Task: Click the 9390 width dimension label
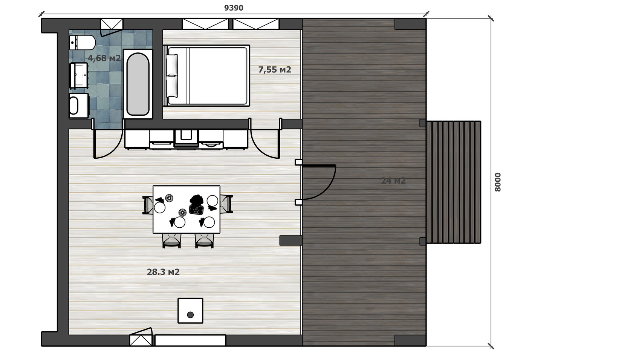234,8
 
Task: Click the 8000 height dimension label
498,182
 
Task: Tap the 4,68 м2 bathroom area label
104,58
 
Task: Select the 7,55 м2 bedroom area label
275,70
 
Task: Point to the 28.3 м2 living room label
164,272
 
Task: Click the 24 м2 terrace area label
393,181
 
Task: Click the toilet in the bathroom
82,43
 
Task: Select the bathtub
138,84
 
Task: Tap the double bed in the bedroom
206,75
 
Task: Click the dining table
187,210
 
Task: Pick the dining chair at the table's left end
148,205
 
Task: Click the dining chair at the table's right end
227,204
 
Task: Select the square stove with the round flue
191,311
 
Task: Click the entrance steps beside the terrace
454,182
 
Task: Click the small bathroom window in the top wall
112,25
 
